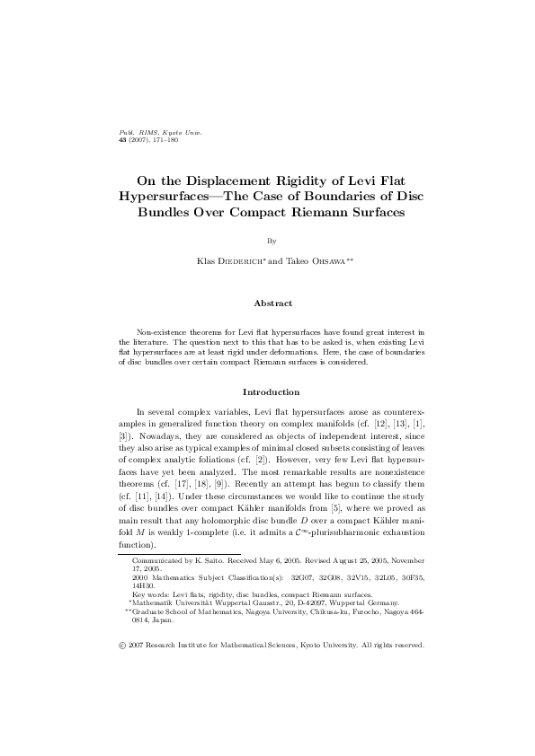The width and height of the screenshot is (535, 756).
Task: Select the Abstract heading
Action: coord(267,303)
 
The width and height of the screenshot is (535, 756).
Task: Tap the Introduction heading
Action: coord(267,391)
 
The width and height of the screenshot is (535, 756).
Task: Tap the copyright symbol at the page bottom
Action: coord(122,644)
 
